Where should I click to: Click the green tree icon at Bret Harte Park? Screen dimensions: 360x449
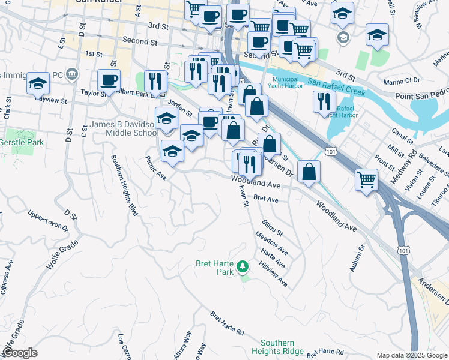click(243, 265)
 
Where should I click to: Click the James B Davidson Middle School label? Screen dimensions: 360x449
click(124, 128)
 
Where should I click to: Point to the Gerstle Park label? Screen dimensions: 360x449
click(21, 143)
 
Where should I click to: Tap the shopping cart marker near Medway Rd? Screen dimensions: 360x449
click(366, 179)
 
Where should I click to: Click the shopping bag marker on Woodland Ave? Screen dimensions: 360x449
click(309, 172)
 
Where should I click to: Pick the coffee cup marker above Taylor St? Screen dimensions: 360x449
click(109, 80)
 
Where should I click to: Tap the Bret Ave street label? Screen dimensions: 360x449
click(266, 199)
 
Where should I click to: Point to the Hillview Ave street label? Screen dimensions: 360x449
click(273, 274)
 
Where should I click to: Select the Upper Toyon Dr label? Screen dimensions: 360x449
click(49, 220)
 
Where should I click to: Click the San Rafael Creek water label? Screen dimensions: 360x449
click(336, 88)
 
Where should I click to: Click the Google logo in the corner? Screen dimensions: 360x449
click(20, 353)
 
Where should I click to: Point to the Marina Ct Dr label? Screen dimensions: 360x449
click(403, 80)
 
